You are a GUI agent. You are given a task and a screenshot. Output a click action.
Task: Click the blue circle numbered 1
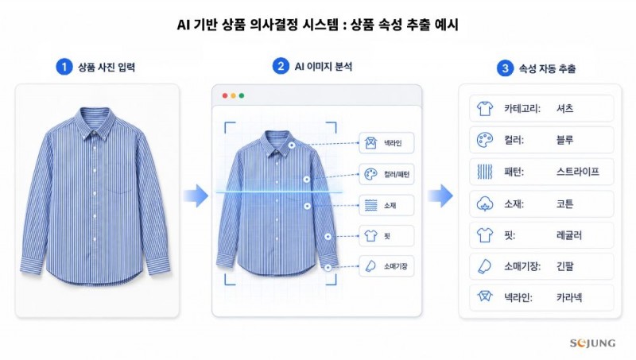[x=64, y=67]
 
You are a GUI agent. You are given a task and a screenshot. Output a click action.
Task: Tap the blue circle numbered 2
[x=281, y=66]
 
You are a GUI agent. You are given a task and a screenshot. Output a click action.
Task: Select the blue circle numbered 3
[x=505, y=68]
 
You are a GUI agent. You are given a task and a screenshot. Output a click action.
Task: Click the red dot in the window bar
[x=225, y=95]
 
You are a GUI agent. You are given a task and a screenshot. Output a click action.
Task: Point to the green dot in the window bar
[x=242, y=95]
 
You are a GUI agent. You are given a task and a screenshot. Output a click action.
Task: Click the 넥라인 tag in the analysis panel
[x=386, y=143]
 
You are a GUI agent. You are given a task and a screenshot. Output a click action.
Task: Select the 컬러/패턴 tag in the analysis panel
[x=386, y=174]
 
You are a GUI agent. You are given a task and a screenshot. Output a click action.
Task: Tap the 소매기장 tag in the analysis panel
[x=386, y=266]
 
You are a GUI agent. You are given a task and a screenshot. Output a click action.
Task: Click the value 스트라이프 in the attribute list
[x=578, y=172]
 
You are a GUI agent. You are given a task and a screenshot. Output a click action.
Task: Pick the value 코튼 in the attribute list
[x=564, y=203]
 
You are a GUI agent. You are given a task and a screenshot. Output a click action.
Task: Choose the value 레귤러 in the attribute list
[x=569, y=235]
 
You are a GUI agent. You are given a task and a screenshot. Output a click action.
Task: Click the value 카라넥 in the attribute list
[x=569, y=297]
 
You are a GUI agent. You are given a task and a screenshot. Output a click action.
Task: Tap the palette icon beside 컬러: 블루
[x=485, y=140]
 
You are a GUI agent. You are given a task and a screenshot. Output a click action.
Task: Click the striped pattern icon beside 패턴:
[x=485, y=172]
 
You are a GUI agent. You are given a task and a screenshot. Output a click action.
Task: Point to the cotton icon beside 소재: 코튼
[x=485, y=203]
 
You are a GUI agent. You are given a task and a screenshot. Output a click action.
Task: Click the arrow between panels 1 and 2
[x=196, y=196]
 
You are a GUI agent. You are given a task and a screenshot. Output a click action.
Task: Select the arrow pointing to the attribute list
[x=440, y=196]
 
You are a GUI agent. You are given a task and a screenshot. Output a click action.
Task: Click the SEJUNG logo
[x=592, y=343]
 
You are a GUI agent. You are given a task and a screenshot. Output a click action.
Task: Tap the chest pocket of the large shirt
[x=121, y=177]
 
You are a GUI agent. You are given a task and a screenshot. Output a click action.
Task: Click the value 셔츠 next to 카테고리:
[x=564, y=109]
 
